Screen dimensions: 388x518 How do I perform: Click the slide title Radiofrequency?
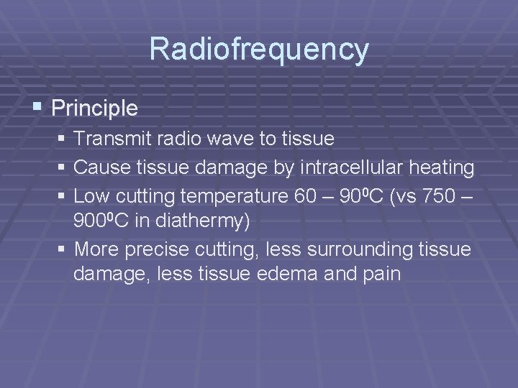pos(259,50)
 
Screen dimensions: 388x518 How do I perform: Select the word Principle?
pos(95,108)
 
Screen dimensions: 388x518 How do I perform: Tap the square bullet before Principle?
pos(38,108)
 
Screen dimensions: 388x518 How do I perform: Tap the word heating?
pos(442,168)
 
